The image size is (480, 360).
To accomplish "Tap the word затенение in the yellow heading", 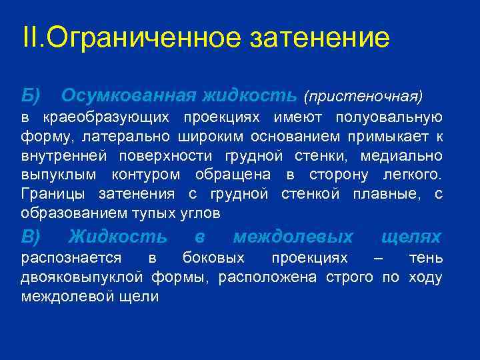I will pyautogui.click(x=319, y=38).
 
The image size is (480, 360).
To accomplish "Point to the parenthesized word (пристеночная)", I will pyautogui.click(x=363, y=97).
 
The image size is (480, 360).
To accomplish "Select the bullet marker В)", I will pyautogui.click(x=31, y=237).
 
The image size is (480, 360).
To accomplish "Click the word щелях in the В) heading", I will pyautogui.click(x=411, y=237).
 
